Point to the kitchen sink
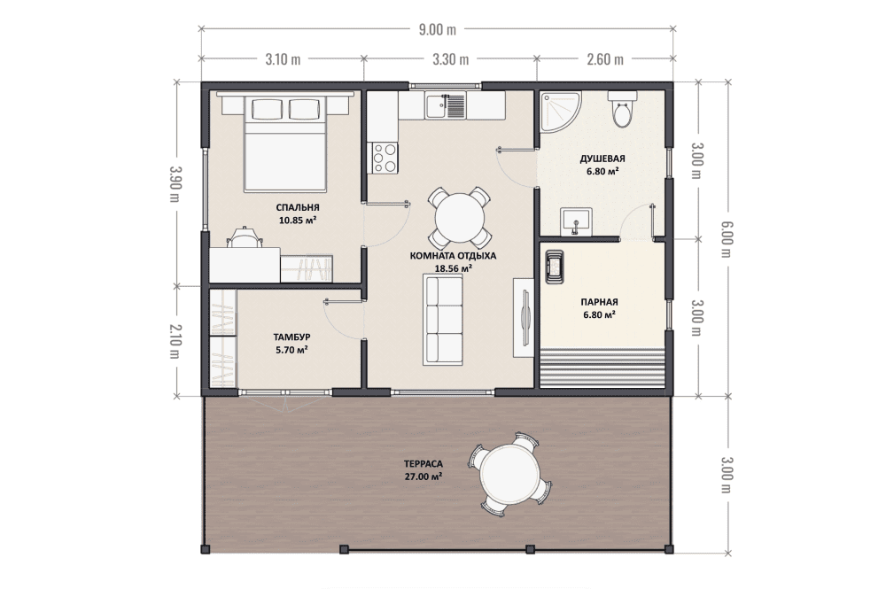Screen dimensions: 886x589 pyautogui.click(x=446, y=106)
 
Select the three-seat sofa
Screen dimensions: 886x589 pyautogui.click(x=443, y=319)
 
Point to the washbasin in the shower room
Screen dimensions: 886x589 pyautogui.click(x=576, y=221)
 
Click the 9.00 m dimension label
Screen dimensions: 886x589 pyautogui.click(x=438, y=29)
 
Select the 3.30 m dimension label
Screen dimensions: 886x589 pyautogui.click(x=450, y=58)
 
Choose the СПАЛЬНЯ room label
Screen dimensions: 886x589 pyautogui.click(x=298, y=206)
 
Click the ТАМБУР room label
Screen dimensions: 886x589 pyautogui.click(x=291, y=337)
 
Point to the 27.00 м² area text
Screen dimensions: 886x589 pyautogui.click(x=424, y=477)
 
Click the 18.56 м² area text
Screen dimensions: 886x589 pyautogui.click(x=453, y=268)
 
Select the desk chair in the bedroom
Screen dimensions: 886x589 pyautogui.click(x=245, y=237)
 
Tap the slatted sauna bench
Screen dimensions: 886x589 pyautogui.click(x=602, y=368)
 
